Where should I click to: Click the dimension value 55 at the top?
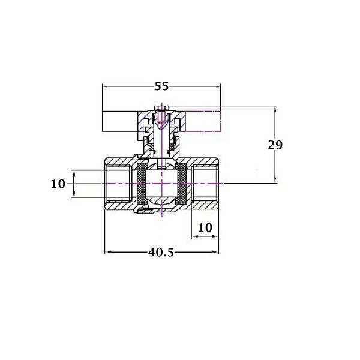[161, 86]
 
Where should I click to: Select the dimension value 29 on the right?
[275, 145]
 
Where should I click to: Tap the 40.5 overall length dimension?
[161, 253]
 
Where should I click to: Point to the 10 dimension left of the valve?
[58, 184]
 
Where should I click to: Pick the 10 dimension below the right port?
[205, 227]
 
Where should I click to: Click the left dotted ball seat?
[141, 184]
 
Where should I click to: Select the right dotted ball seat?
[181, 184]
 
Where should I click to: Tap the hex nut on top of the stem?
[161, 108]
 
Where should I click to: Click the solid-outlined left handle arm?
[120, 121]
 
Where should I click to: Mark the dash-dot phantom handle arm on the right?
[203, 121]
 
